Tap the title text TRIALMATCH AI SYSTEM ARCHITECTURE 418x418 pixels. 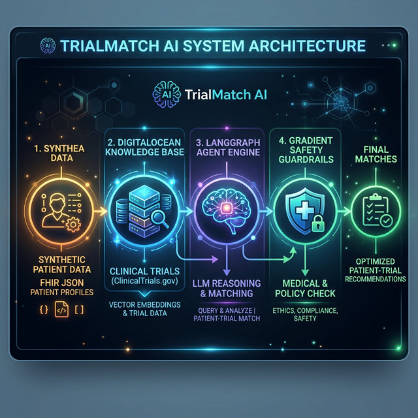(x=213, y=46)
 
